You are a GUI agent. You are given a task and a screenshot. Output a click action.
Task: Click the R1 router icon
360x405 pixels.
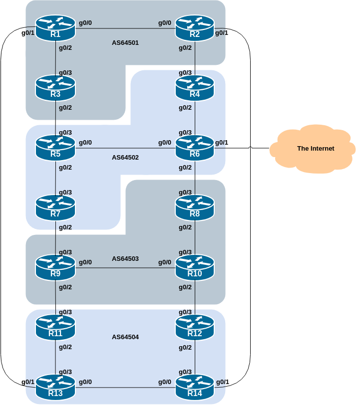coord(55,28)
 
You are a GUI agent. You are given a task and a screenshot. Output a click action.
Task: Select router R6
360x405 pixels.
coord(195,148)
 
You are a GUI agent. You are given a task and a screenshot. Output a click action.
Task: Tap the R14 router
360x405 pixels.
coord(195,388)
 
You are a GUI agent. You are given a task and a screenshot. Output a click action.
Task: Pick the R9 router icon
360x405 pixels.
coord(55,267)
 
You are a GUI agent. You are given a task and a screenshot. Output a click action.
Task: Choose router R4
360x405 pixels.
coord(195,88)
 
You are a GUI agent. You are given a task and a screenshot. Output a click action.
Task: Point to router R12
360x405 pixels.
coord(195,328)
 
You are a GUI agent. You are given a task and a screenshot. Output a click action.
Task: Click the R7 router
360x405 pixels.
coord(55,207)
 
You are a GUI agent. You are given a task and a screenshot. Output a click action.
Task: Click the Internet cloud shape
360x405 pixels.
coord(315,148)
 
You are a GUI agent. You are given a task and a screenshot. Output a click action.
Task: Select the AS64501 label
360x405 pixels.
coord(125,43)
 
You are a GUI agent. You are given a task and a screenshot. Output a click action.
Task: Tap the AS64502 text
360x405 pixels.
coord(125,158)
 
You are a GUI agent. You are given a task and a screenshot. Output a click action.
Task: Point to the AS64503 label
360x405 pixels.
coord(125,259)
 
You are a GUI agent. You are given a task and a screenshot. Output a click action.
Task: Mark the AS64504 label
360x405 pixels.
coord(125,337)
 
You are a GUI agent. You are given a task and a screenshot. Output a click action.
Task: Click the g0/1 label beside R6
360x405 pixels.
coord(221,143)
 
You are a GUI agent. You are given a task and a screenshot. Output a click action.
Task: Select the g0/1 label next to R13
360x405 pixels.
coord(28,382)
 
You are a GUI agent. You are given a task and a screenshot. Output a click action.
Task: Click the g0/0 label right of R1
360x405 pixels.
coord(85,23)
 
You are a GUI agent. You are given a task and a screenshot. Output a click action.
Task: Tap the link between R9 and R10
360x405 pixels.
coord(125,268)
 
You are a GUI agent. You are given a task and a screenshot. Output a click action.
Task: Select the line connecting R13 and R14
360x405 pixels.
coord(125,388)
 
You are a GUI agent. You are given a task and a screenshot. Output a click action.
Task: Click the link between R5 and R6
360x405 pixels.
coord(125,148)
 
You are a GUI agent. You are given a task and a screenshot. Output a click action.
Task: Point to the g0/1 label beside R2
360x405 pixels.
coord(221,33)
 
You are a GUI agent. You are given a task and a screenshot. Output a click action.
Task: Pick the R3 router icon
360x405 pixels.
coord(55,88)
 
